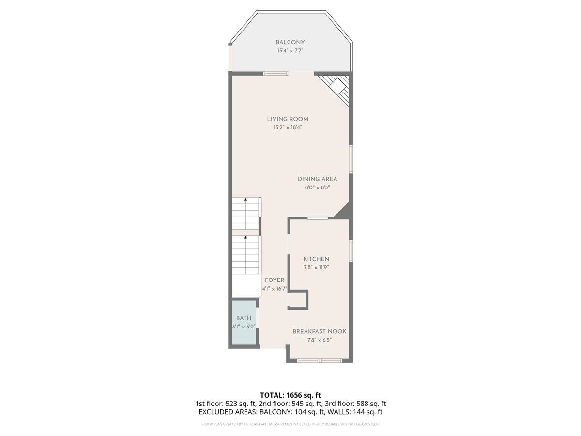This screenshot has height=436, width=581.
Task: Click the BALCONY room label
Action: [x=290, y=42]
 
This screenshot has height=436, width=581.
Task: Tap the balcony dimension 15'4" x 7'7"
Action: [x=290, y=50]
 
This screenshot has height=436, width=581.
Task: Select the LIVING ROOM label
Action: [x=288, y=119]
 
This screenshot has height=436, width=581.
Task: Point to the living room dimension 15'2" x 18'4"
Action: [x=288, y=127]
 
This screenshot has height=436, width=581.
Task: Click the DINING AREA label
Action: [x=317, y=179]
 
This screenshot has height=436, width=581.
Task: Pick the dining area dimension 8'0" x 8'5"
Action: [x=317, y=187]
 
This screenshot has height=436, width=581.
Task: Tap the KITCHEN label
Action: [x=316, y=259]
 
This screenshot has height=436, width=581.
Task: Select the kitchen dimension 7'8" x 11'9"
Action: [x=316, y=267]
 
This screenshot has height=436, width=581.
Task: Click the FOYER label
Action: [x=275, y=280]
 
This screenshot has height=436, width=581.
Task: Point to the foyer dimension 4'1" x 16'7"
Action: [x=275, y=289]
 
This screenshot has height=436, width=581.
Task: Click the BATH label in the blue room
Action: [x=244, y=318]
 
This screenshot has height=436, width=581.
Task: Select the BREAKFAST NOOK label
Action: [x=319, y=332]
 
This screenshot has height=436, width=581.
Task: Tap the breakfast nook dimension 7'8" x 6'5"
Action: [x=319, y=340]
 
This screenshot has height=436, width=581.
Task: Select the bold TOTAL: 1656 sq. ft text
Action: [x=290, y=395]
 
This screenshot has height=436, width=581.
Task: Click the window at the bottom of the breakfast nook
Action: [x=320, y=360]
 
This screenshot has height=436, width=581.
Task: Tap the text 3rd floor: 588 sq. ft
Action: [x=357, y=404]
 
